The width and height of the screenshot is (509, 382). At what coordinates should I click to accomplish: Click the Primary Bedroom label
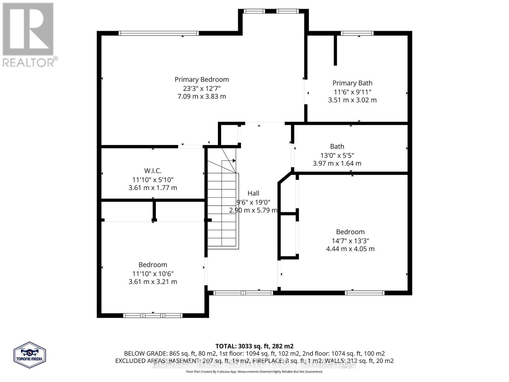click(202, 80)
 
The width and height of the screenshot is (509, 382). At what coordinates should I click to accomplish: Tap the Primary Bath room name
click(352, 83)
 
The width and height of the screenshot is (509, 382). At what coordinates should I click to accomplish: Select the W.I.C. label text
click(153, 171)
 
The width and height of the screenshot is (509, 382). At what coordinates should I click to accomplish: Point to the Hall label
click(253, 193)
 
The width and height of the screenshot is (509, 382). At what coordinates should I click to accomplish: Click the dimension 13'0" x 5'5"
click(337, 155)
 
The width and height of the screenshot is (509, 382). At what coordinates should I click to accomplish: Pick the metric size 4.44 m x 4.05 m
click(350, 249)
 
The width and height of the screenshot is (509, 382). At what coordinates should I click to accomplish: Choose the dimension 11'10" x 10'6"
click(153, 273)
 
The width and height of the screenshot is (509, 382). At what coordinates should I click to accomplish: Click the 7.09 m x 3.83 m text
click(202, 96)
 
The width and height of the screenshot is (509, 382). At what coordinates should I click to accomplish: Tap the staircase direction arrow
click(234, 160)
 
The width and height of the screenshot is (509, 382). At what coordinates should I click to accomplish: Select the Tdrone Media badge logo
click(30, 355)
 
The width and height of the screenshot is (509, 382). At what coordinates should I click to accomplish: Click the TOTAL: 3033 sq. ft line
click(254, 346)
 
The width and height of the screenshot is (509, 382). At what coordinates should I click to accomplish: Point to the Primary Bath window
click(357, 33)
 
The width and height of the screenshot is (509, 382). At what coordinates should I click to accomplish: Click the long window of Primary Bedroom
click(158, 33)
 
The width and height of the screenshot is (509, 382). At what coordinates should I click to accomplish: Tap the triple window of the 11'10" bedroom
click(153, 315)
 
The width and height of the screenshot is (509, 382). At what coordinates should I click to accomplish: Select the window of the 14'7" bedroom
click(365, 293)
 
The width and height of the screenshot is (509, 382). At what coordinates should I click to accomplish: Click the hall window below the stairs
click(243, 293)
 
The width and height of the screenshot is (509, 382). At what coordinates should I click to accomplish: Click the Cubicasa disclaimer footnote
click(254, 371)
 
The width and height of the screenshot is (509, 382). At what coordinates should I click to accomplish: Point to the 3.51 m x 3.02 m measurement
click(352, 100)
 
